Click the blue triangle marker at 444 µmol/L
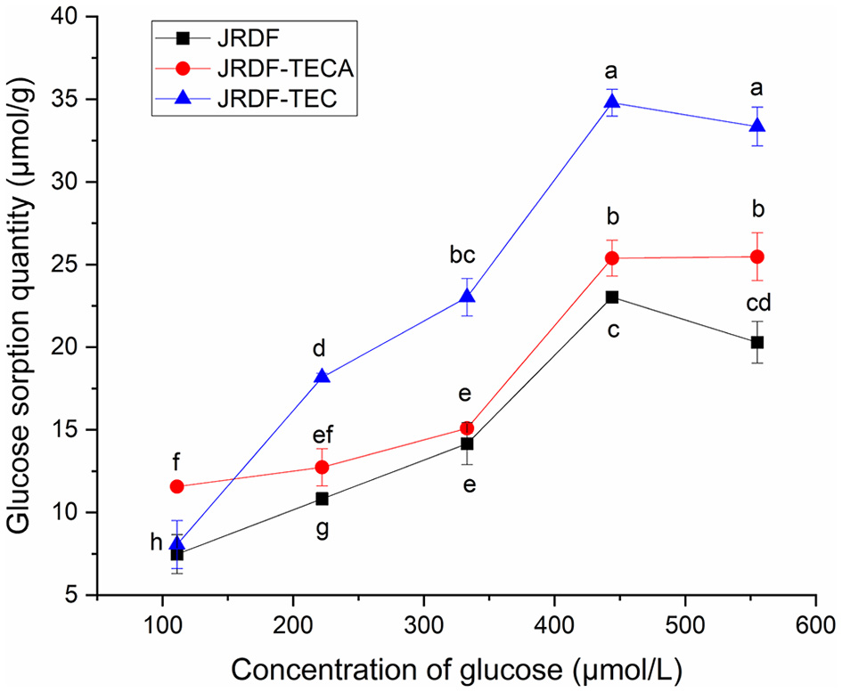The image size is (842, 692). tap(612, 102)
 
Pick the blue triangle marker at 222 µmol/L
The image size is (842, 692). tap(322, 377)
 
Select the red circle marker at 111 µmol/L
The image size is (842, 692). tap(176, 486)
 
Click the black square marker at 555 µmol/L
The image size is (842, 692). tap(757, 342)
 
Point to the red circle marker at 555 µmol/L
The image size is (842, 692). tap(757, 256)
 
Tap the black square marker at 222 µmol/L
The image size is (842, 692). tap(322, 499)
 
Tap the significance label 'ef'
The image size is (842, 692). tap(322, 436)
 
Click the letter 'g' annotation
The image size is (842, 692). tap(322, 528)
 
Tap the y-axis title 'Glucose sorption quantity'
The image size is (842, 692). tap(21, 305)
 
